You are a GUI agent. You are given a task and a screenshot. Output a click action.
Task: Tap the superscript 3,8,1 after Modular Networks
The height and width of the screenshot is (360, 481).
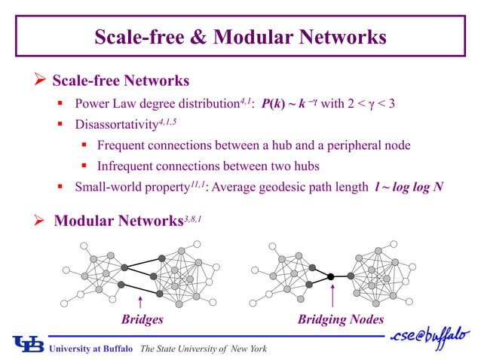193,216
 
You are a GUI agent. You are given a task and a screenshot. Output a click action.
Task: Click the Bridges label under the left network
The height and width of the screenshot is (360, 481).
142,319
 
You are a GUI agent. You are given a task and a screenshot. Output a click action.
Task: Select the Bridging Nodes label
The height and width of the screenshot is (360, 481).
340,319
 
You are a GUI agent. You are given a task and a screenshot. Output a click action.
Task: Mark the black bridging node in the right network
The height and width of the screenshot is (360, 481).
331,277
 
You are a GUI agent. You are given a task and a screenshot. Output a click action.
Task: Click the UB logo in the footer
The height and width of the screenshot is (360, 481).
28,343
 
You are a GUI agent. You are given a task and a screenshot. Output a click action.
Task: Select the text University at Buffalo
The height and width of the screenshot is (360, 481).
91,348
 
